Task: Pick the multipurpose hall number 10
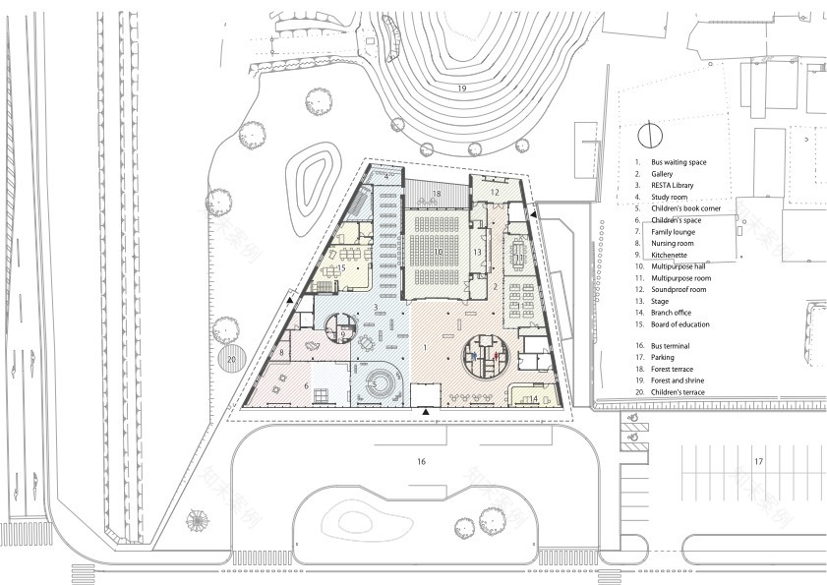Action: click(439, 254)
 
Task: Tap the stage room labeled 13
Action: click(476, 253)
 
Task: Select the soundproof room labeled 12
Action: click(496, 194)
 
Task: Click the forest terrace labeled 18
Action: click(436, 195)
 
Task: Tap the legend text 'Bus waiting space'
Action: click(680, 160)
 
